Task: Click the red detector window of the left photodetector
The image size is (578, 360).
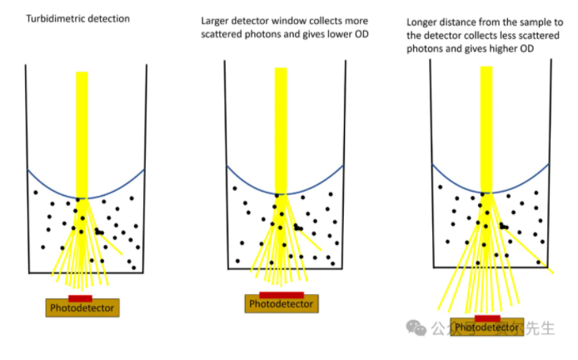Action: point(80,297)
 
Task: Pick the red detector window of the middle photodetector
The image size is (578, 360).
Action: point(282,295)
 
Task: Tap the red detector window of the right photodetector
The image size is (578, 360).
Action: point(487,318)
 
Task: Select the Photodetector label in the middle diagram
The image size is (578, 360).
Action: point(282,304)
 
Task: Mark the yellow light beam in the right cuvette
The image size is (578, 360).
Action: point(486,125)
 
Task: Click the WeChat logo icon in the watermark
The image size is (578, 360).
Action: point(416,327)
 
